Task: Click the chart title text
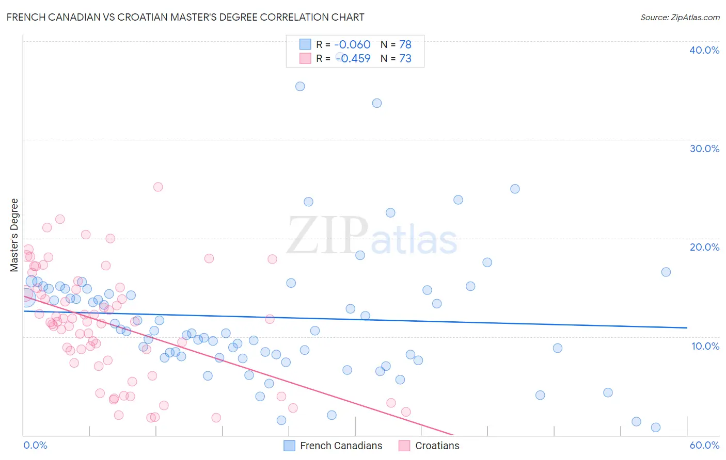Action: (185, 17)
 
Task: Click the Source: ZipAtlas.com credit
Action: (680, 17)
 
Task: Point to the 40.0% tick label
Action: (704, 50)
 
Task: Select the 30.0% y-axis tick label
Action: (704, 149)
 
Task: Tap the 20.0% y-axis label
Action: (704, 247)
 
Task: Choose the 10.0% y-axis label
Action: (705, 346)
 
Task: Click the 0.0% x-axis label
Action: (35, 445)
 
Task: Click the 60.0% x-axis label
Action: (704, 445)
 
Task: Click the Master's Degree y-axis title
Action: (14, 235)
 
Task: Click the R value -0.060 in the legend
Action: (352, 45)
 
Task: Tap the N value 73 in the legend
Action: (405, 59)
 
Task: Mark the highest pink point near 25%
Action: (158, 187)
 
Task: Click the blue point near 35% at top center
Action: (300, 86)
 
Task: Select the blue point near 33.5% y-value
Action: (377, 103)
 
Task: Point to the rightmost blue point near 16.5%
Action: (666, 272)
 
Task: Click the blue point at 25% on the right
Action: (515, 189)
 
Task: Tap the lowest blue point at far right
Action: (656, 427)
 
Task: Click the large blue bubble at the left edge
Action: (26, 297)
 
